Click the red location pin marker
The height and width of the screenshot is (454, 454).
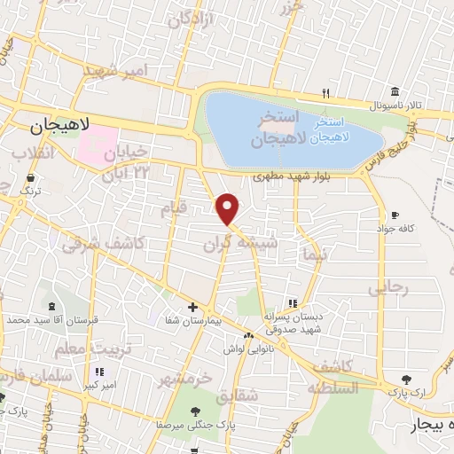228,209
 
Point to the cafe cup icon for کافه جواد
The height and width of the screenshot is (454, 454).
395,215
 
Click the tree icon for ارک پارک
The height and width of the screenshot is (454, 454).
407,379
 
